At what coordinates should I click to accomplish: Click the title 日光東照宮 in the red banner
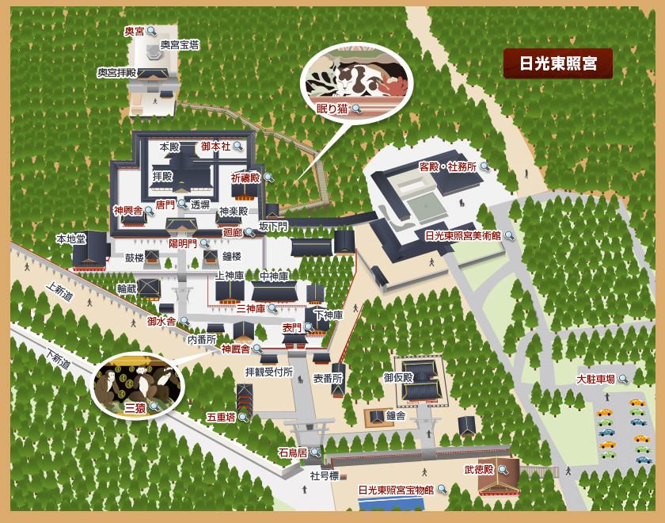tap(557, 63)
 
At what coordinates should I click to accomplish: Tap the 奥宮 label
tap(134, 32)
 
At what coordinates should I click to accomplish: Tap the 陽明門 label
tap(182, 243)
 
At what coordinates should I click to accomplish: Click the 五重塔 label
tap(221, 416)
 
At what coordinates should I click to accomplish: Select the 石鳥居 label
tap(293, 452)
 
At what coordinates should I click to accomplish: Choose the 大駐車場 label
tap(596, 379)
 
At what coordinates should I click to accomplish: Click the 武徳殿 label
tap(479, 470)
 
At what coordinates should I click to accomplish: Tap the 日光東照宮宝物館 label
tap(396, 490)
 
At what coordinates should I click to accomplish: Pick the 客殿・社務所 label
tap(447, 167)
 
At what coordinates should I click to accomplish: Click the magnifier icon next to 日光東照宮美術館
tap(509, 235)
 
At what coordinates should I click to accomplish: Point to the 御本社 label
tap(215, 147)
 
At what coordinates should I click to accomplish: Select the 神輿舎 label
tap(127, 211)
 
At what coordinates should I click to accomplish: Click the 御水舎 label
tap(162, 321)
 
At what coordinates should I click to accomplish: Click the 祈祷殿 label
tap(245, 178)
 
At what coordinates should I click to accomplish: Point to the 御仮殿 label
tap(399, 377)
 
